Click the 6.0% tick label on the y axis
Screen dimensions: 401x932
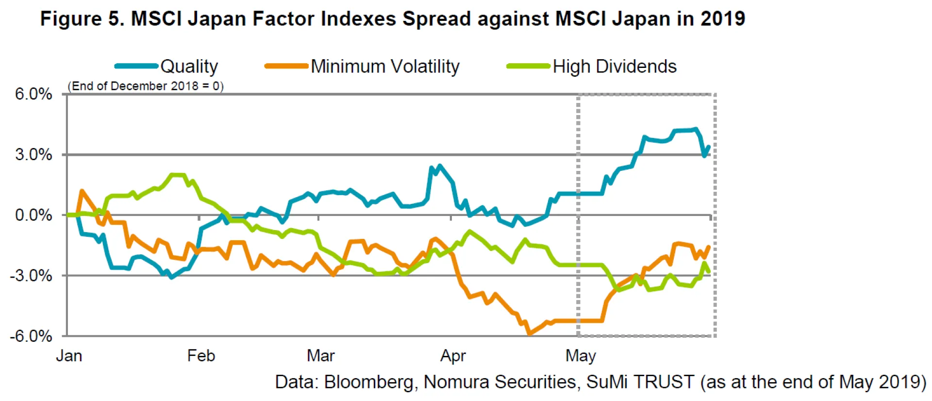(x=33, y=94)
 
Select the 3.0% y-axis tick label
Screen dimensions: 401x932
(x=33, y=155)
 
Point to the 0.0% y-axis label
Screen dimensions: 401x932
(x=33, y=215)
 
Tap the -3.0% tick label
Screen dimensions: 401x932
(x=31, y=276)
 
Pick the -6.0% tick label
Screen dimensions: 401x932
(x=31, y=336)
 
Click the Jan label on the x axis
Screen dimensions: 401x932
(x=69, y=356)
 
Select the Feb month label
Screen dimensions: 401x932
(x=201, y=356)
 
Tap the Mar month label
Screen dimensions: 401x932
(x=320, y=356)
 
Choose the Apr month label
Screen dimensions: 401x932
(x=453, y=356)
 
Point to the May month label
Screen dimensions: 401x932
(x=581, y=356)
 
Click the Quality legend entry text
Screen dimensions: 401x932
(x=189, y=67)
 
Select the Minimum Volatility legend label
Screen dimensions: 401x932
(x=385, y=67)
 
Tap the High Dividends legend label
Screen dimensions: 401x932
(x=615, y=67)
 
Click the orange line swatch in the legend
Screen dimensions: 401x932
(x=286, y=66)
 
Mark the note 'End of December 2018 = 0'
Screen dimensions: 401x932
(x=146, y=86)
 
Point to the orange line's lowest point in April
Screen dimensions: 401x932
(x=529, y=334)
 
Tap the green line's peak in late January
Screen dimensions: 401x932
(x=177, y=175)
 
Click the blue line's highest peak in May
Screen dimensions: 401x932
(x=696, y=129)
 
